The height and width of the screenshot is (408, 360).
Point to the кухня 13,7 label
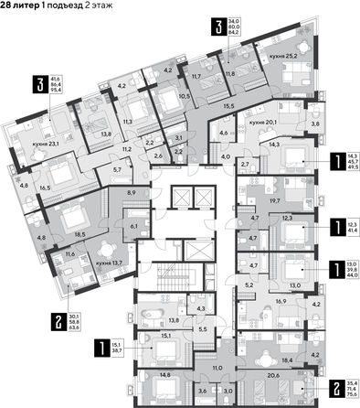(111, 261)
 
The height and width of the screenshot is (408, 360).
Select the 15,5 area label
(202, 108)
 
